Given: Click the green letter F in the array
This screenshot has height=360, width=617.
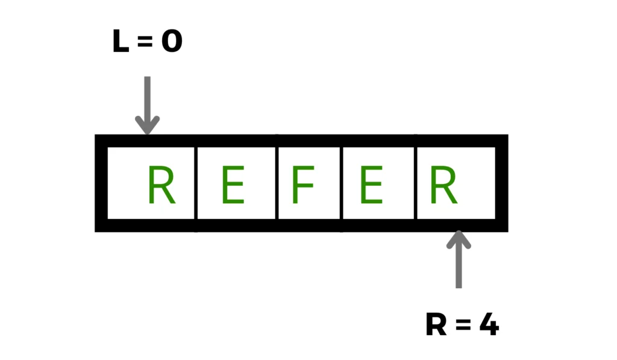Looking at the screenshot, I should coord(304,185).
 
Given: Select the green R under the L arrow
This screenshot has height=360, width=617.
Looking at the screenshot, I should coord(161,185).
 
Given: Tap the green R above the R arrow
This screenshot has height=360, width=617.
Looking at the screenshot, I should coord(443,185).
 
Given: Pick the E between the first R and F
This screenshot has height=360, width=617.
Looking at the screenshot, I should coord(233,185).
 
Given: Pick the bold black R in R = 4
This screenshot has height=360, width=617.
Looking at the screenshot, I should coord(436,326).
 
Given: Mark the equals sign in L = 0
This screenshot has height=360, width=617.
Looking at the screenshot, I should coord(145,43).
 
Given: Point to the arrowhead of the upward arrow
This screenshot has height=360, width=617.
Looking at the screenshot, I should coord(459,235).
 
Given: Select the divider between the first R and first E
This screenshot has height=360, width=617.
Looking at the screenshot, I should coord(196,183).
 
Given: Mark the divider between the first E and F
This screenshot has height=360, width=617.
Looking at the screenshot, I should coord(277,183).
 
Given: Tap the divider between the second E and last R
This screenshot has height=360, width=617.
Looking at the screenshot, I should coord(416,183).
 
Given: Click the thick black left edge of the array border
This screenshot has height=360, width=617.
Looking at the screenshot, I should coord(101,183).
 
